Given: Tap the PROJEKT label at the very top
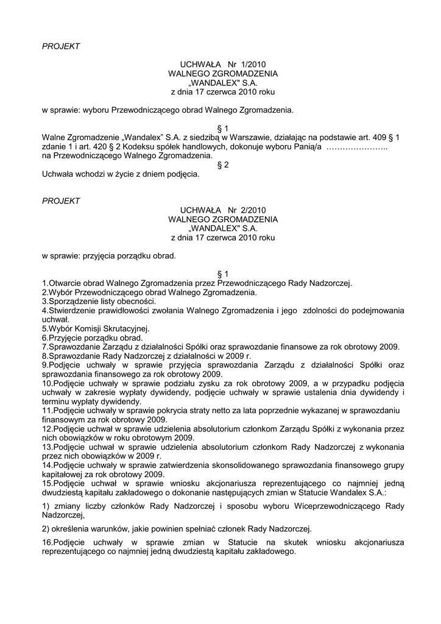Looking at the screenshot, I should tap(60, 46).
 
